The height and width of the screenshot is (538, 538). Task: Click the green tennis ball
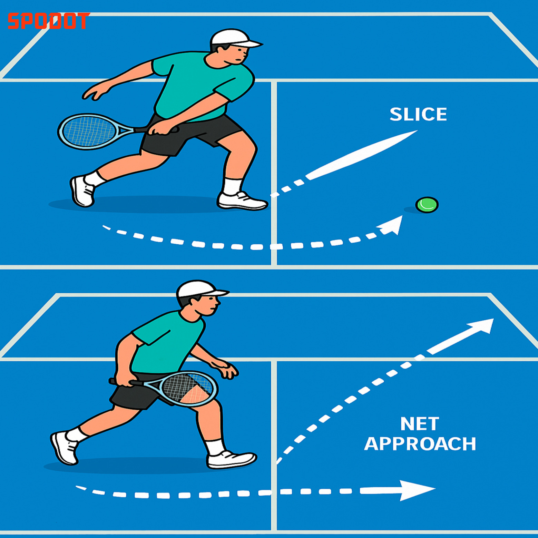pos(427,205)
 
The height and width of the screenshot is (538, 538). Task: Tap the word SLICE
pos(418,114)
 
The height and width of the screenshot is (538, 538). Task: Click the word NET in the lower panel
pos(420,424)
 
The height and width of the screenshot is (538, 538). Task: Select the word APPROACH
pos(420,444)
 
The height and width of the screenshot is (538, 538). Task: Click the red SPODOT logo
pos(48,21)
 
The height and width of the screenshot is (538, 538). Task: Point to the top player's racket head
pos(88,131)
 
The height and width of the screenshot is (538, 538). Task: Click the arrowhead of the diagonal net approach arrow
pos(481,326)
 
